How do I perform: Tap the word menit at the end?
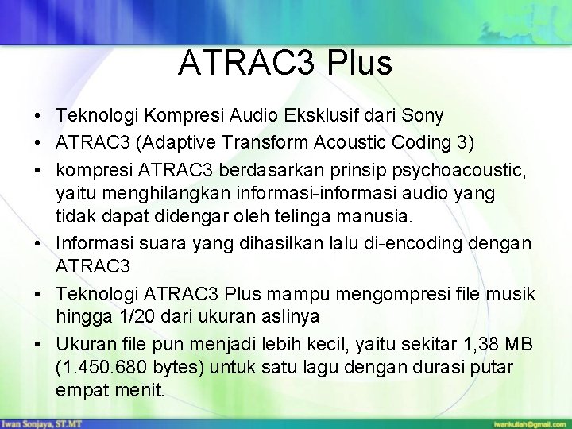(138, 391)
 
